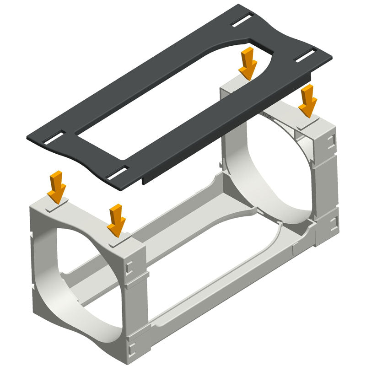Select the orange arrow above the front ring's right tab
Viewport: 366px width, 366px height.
pos(117,219)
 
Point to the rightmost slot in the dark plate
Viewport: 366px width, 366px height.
pos(305,55)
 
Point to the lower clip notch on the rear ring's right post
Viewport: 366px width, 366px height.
pos(334,222)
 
